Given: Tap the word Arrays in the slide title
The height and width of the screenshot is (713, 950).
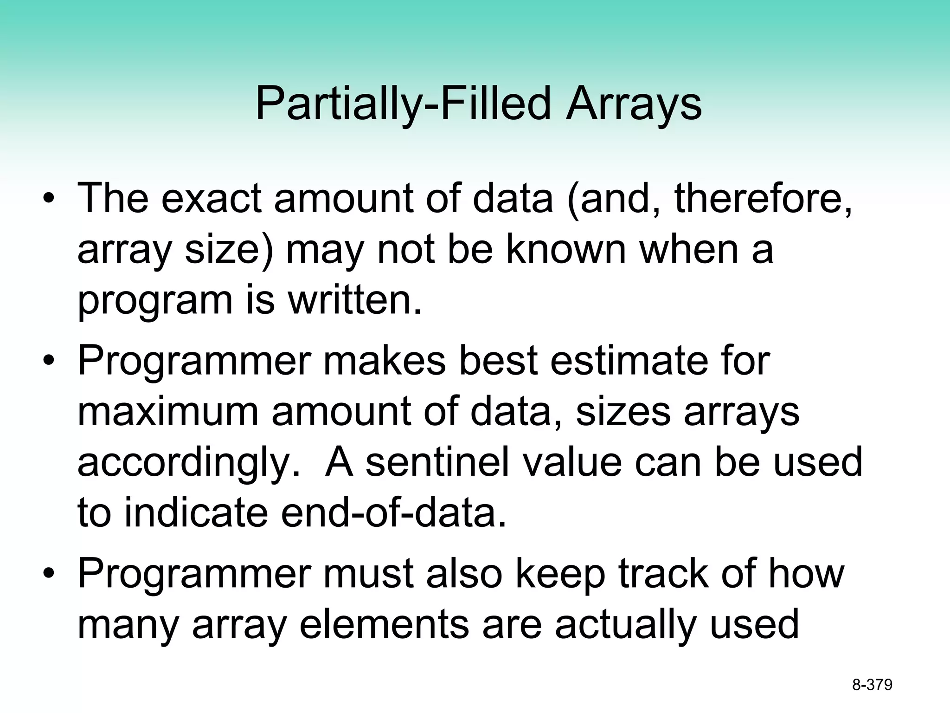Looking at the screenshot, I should click(633, 104).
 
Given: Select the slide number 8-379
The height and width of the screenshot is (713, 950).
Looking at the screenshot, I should click(872, 685).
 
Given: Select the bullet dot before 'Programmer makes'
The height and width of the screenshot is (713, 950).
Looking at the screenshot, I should click(49, 362).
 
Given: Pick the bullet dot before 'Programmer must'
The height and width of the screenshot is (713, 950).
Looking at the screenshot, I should click(49, 575).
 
